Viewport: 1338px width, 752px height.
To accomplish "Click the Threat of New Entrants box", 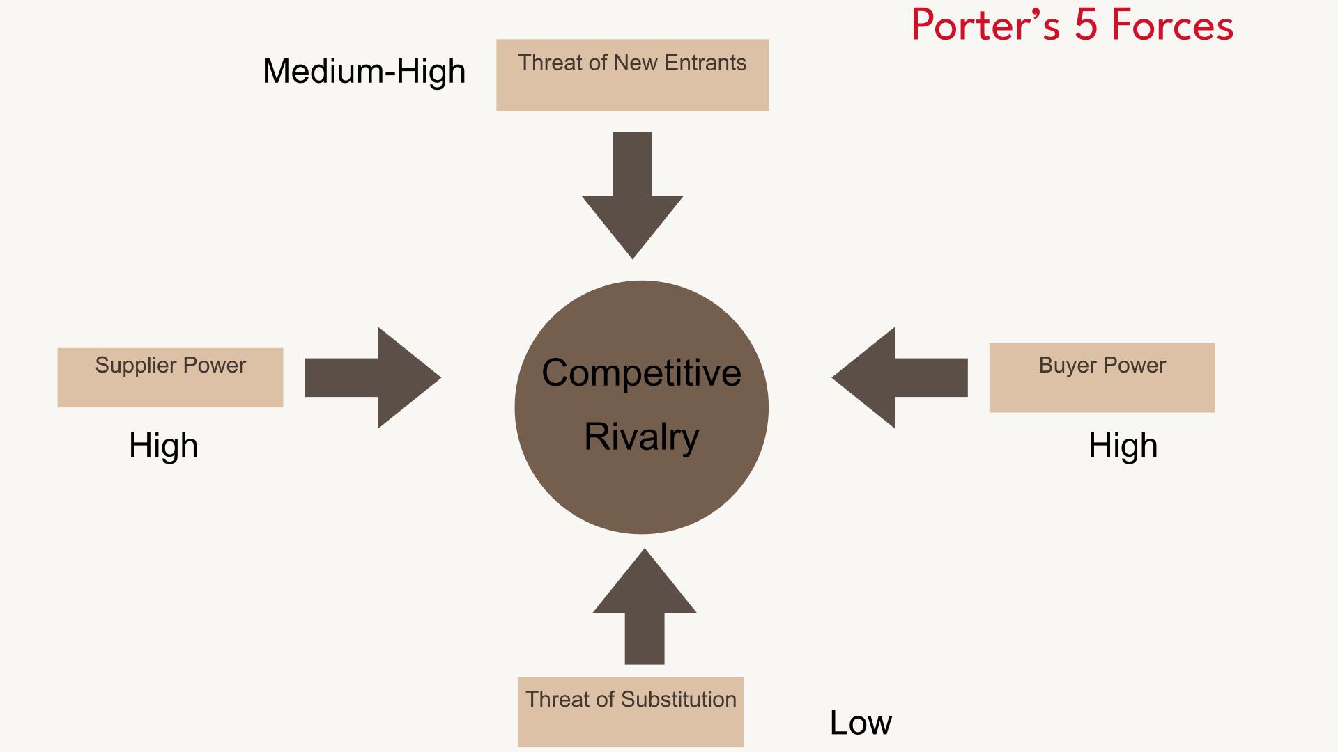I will (x=632, y=75).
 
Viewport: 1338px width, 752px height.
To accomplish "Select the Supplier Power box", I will (x=170, y=377).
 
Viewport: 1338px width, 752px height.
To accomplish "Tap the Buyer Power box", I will (x=1102, y=377).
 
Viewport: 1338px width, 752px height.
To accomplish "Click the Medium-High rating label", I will (x=364, y=71).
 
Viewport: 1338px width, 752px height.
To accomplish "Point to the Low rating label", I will (x=860, y=723).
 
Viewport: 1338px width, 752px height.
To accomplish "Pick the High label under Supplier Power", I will (x=163, y=446).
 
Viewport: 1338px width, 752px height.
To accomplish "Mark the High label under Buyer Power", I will (x=1123, y=446).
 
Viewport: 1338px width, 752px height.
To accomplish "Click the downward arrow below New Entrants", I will (x=632, y=195).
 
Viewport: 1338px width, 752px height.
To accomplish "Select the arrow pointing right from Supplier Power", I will (x=373, y=377).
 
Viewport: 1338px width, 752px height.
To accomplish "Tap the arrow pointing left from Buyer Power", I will (x=899, y=377).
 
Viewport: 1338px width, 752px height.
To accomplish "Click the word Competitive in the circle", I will (x=641, y=373).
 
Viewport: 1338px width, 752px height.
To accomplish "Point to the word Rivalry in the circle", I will (x=641, y=437).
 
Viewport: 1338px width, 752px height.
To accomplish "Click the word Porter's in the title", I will (x=985, y=26).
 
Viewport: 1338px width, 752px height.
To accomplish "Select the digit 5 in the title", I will (x=1085, y=26).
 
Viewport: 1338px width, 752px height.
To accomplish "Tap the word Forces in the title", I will (x=1172, y=26).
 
